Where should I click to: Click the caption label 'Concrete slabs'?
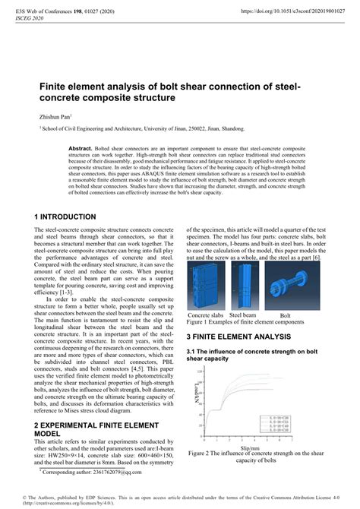tap(206, 315)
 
